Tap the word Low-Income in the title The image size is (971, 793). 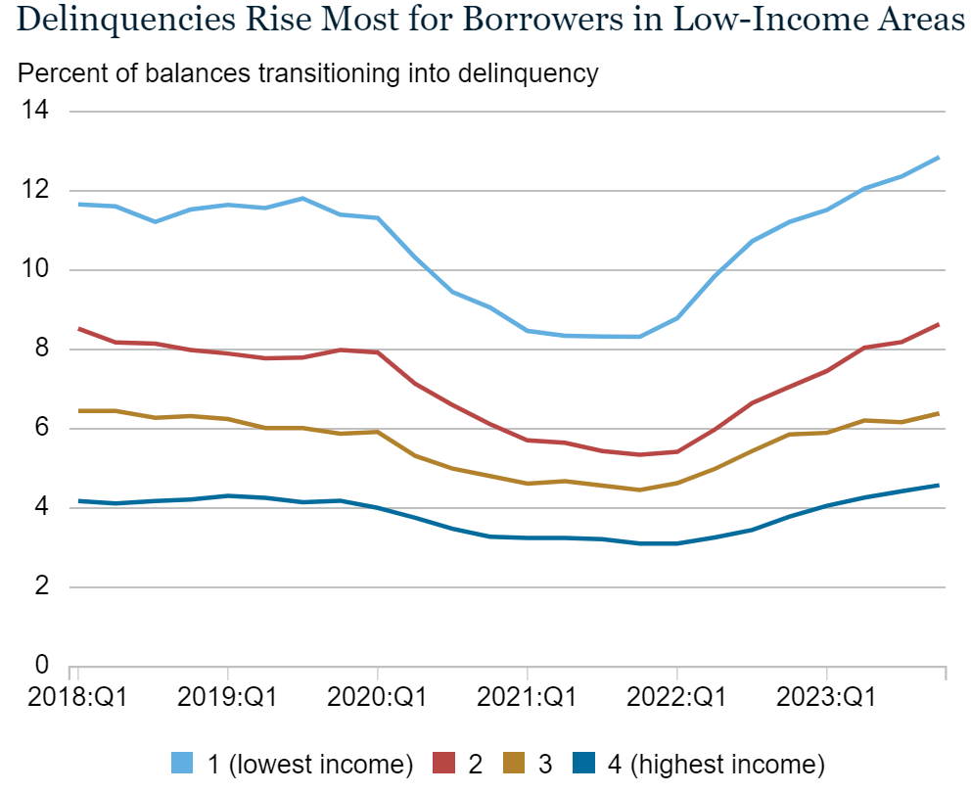point(764,20)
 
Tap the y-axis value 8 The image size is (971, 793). point(40,349)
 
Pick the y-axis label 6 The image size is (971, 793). point(40,428)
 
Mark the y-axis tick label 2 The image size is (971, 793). point(40,586)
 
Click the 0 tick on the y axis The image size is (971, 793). point(40,666)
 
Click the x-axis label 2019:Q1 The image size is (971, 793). point(228,699)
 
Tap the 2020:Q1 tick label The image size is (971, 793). point(378,699)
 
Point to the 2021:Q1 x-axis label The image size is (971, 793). point(528,699)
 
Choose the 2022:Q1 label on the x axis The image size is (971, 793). point(677,699)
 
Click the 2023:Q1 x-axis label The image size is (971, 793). point(827,699)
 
